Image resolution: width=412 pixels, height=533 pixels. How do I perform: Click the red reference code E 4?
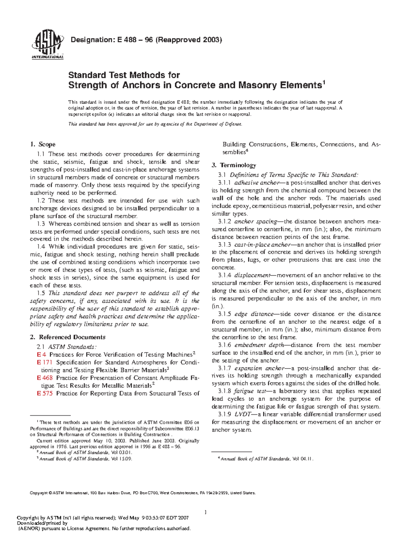[41, 355]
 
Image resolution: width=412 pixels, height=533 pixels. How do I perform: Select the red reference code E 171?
[45, 362]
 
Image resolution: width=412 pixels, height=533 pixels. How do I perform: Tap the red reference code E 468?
[45, 378]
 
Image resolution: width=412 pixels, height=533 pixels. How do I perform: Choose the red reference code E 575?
[45, 393]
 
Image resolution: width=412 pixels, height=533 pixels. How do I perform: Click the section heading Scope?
[47, 144]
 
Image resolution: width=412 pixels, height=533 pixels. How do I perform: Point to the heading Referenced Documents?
[72, 337]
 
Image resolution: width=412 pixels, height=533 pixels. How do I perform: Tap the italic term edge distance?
[254, 314]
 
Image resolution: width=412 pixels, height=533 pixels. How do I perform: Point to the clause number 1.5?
[41, 293]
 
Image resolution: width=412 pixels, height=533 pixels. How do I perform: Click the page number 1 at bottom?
[205, 512]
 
